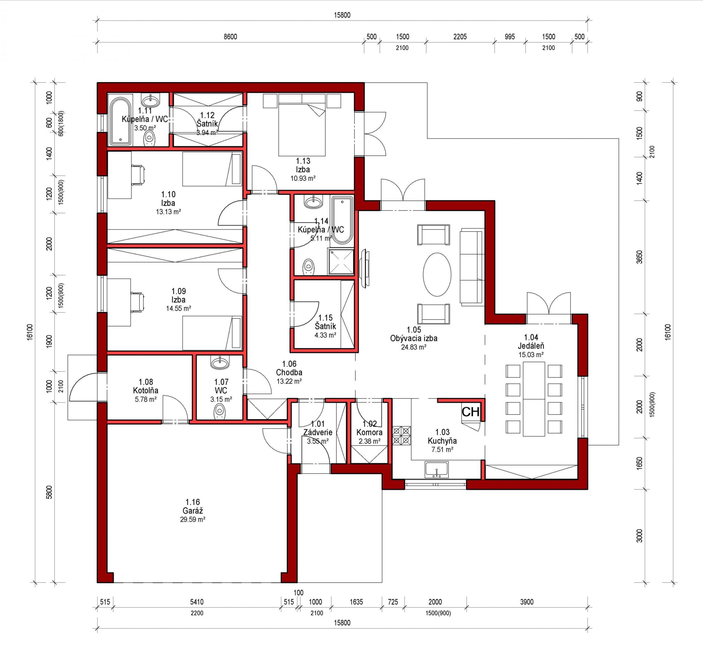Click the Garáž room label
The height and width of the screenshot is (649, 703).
[193, 511]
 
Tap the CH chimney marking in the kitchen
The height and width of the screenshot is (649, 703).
[470, 412]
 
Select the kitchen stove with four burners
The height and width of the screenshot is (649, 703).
[401, 436]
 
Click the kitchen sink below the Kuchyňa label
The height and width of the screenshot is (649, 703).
[437, 470]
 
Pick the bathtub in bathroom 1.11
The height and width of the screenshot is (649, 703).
[120, 121]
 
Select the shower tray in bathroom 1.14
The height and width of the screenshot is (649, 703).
[341, 261]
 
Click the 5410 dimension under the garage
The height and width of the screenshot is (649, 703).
[197, 602]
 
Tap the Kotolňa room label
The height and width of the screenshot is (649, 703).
[145, 390]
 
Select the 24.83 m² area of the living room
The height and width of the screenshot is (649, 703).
[414, 347]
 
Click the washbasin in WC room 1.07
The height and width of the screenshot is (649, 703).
[220, 362]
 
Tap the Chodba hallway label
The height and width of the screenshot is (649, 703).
[289, 372]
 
